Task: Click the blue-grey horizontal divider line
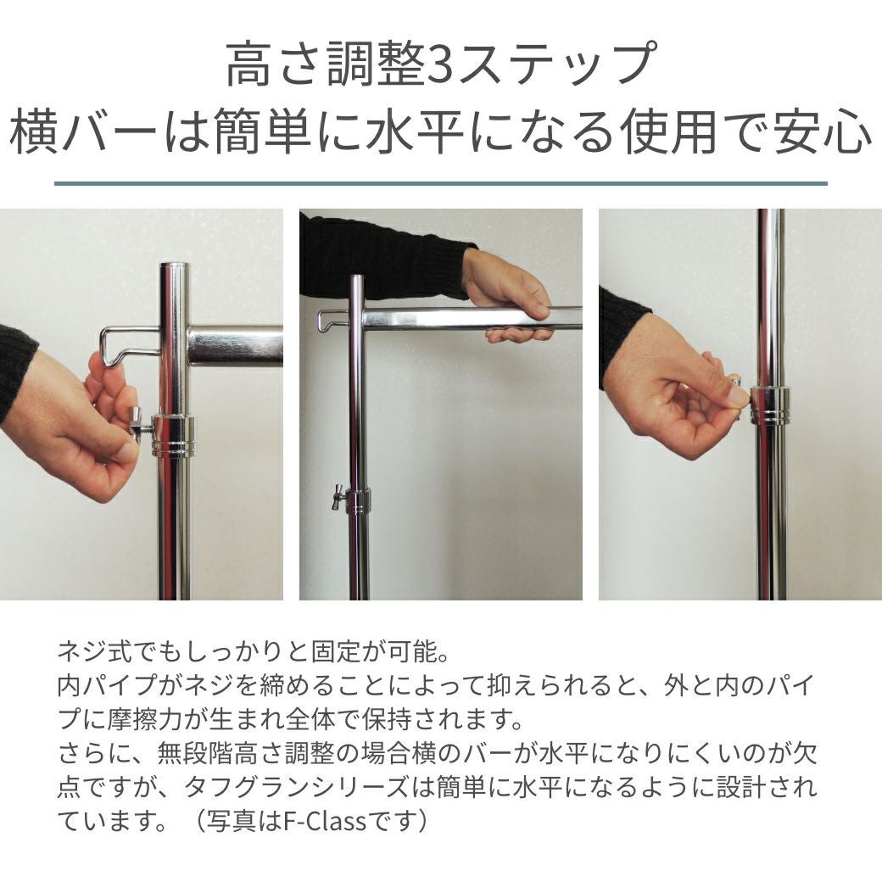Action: pos(441,183)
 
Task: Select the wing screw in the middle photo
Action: pos(338,496)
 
